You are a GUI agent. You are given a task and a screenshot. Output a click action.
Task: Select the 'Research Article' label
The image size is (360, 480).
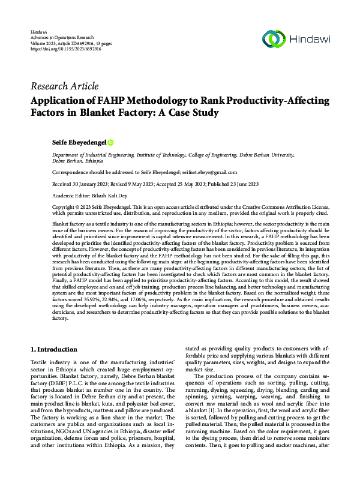click(x=64, y=86)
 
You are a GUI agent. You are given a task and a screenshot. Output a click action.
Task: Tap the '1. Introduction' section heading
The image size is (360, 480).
click(x=54, y=349)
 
